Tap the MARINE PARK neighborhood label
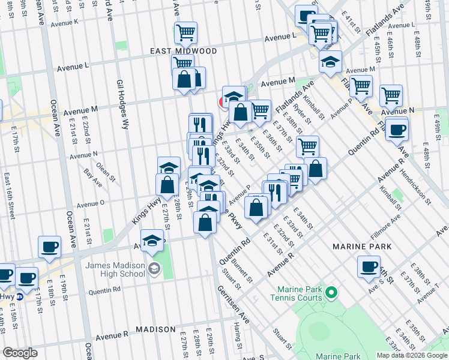(363, 247)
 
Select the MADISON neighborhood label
(155, 329)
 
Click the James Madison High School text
(115, 270)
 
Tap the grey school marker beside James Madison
(155, 268)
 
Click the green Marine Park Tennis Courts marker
(331, 293)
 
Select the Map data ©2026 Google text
(411, 355)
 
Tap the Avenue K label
(64, 23)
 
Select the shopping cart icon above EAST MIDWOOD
(186, 32)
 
